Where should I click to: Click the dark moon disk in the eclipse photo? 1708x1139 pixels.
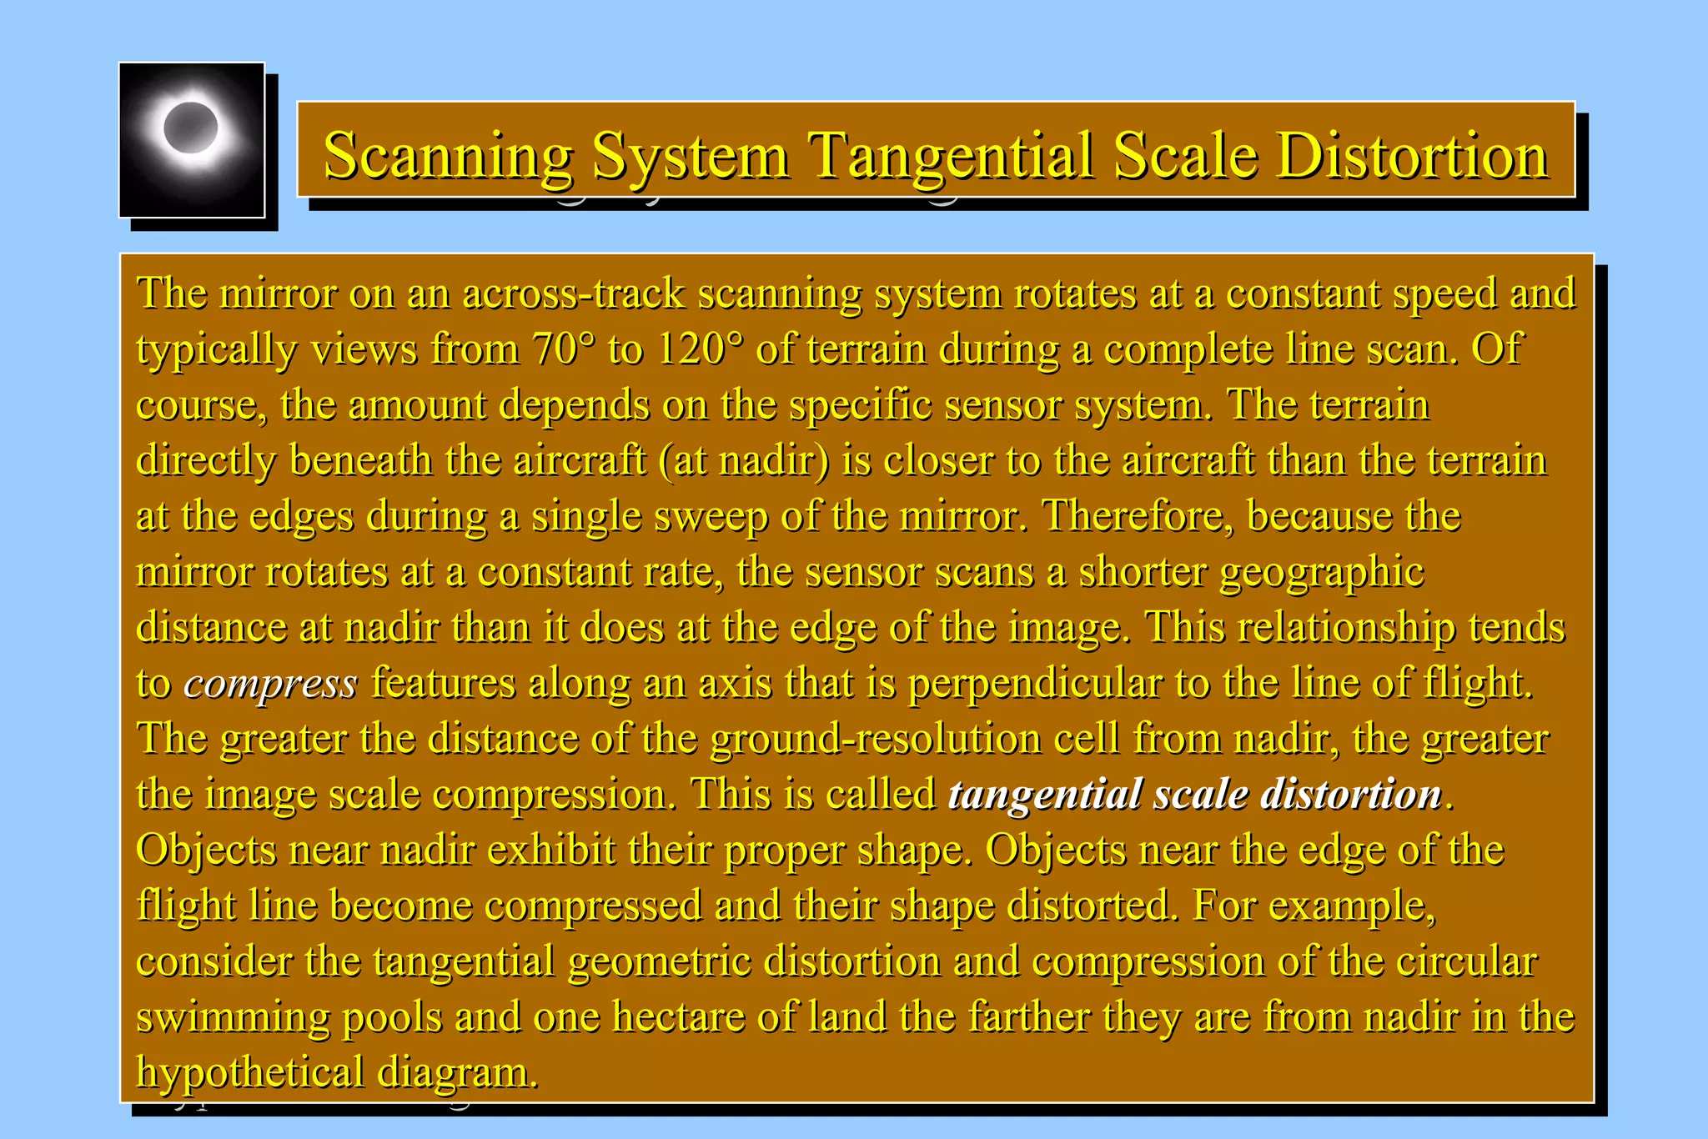191,128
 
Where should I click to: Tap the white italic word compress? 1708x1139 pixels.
270,683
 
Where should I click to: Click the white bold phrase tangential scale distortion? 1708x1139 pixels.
1195,794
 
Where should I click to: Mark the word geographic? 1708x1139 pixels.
1321,572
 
